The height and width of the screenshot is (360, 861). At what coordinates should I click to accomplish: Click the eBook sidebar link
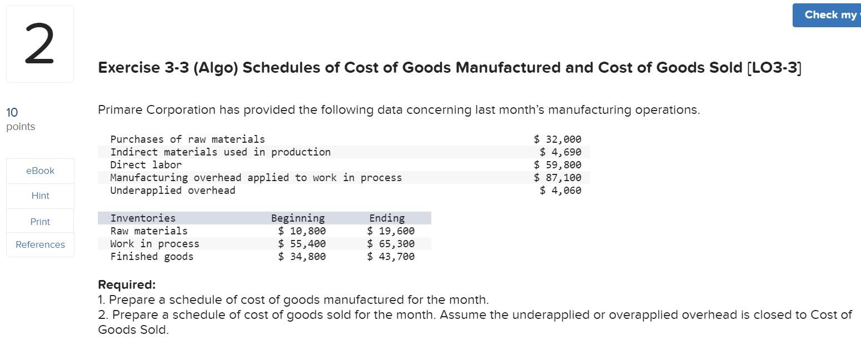point(40,171)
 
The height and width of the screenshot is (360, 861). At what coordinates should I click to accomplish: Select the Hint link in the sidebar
point(40,196)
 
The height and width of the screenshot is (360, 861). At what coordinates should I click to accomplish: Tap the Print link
point(40,222)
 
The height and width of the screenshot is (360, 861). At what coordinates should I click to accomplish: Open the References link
point(40,244)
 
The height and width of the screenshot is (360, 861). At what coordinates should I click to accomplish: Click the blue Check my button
point(828,15)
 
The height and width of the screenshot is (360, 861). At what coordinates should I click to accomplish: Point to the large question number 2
point(39,44)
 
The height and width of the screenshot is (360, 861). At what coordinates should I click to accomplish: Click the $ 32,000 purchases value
point(558,139)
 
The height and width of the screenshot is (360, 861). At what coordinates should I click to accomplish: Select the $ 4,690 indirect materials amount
point(560,152)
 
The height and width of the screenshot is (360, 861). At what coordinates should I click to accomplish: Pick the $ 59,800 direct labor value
point(558,165)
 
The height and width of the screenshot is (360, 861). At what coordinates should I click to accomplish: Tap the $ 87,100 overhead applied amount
point(558,178)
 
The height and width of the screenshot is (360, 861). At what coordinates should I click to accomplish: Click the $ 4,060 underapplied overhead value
point(560,191)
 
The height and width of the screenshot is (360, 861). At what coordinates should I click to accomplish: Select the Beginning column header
point(298,218)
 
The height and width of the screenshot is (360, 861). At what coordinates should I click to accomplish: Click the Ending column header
point(387,218)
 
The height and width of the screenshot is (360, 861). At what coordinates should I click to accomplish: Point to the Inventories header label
point(143,218)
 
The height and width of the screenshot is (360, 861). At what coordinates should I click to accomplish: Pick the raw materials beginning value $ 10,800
point(302,231)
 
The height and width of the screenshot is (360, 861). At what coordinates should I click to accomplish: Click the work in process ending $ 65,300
point(391,244)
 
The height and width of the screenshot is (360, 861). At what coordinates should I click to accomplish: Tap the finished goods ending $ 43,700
point(391,257)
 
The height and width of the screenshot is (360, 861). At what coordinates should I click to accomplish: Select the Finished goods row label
point(152,257)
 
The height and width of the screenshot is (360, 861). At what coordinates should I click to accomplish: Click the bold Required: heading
point(127,285)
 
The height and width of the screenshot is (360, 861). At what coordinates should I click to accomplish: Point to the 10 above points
point(12,113)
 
